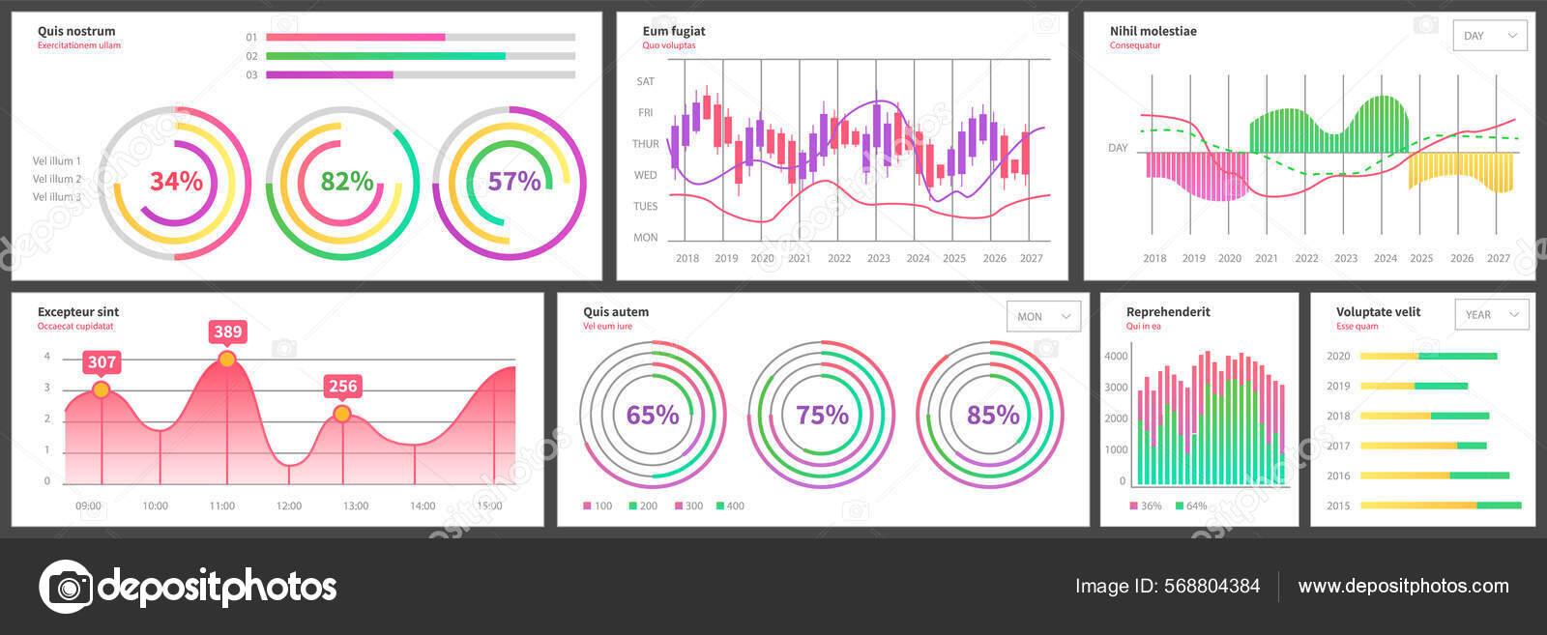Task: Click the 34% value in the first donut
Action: point(176,182)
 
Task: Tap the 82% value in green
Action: point(347,182)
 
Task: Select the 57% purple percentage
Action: point(513,182)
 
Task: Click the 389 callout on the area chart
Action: point(227,332)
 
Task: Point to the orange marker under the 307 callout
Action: point(101,390)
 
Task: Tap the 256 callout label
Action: point(342,386)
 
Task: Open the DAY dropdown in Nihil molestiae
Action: point(1490,36)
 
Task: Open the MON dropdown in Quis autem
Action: point(1043,316)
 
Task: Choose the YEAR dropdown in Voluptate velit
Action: point(1491,314)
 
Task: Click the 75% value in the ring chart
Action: point(822,415)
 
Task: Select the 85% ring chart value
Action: point(993,415)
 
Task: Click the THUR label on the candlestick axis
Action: point(645,144)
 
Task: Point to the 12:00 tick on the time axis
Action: point(288,505)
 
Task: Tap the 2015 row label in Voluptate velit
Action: point(1338,505)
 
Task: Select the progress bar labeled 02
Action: point(420,56)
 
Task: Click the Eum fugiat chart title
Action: point(674,31)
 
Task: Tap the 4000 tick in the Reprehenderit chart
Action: point(1116,356)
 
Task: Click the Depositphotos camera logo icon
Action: point(66,586)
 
